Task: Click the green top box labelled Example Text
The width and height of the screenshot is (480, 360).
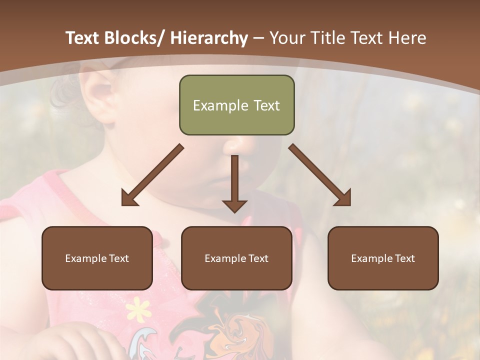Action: (x=236, y=105)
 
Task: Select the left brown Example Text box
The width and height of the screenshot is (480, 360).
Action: (x=97, y=258)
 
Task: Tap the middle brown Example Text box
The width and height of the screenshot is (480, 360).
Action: (x=236, y=258)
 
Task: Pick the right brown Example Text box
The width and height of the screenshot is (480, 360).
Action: (x=383, y=258)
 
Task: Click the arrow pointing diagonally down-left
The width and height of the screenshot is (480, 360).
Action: (x=153, y=175)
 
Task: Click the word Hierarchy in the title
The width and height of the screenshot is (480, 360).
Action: (x=209, y=38)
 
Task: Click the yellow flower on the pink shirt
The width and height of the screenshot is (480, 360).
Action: (x=138, y=309)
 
